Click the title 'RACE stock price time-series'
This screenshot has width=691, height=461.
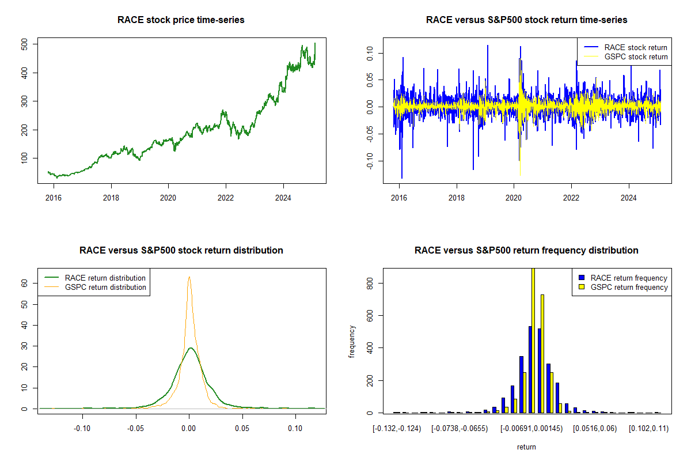pos(181,20)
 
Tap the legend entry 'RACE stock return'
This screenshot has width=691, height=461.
pos(636,47)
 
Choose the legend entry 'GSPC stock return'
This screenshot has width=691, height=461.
pos(636,56)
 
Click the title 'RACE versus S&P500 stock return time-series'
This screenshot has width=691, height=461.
pos(526,20)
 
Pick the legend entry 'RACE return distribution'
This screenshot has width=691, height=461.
pos(105,278)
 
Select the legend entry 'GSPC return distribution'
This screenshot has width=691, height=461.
pos(105,287)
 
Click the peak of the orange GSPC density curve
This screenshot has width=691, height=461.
pos(189,277)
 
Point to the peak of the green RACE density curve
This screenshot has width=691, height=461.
pos(191,347)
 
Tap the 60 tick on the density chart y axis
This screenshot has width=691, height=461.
pos(25,284)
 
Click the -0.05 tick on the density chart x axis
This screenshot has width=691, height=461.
pos(135,428)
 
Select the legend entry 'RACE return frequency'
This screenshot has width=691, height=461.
pos(629,278)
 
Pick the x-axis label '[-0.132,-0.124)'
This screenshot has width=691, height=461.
pos(397,429)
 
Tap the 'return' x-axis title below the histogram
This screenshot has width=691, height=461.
pos(526,447)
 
